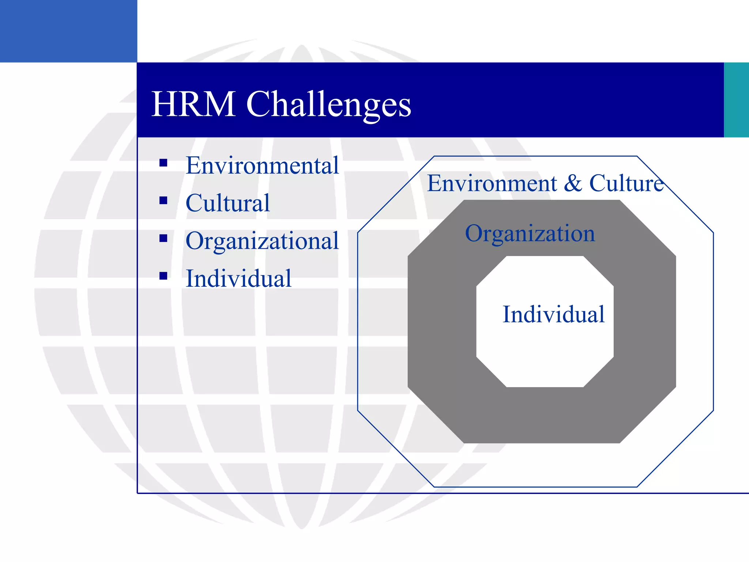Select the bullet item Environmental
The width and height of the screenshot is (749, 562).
262,165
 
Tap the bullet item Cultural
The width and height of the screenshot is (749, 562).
227,203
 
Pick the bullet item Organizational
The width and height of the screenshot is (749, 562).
262,241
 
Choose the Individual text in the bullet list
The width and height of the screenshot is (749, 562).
238,278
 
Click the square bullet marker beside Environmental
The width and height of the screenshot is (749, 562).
163,163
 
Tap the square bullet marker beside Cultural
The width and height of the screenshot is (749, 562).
163,201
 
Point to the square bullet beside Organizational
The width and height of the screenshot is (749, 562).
163,239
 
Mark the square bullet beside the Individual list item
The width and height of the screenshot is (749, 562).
163,276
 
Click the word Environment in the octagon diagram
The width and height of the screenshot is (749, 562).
492,183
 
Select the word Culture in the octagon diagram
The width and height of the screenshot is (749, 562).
626,183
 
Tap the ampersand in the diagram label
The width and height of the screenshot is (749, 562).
573,183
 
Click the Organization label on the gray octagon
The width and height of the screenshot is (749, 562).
530,233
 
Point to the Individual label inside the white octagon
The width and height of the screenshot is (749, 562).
553,314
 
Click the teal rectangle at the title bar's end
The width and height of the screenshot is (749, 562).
736,100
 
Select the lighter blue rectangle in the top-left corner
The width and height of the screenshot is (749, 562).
68,31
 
